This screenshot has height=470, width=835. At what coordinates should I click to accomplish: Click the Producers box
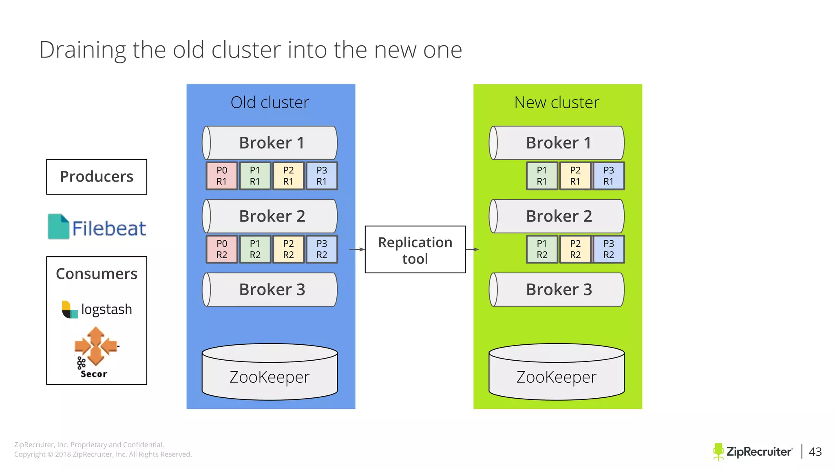pos(97,177)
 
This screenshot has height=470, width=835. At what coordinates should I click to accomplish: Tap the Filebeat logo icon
pos(58,227)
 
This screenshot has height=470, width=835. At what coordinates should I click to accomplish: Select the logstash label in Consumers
pos(106,309)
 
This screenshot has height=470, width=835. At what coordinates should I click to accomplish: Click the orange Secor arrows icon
pos(95,346)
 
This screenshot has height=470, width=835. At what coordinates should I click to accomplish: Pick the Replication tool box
pos(415,250)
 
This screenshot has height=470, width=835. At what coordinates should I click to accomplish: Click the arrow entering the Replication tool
pos(357,249)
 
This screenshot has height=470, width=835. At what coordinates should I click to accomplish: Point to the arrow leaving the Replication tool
pos(472,249)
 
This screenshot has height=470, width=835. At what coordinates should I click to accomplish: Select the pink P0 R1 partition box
pos(221,176)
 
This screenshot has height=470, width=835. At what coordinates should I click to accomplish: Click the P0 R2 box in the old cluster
pos(221,249)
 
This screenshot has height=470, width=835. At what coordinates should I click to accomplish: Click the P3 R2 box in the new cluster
pos(608,249)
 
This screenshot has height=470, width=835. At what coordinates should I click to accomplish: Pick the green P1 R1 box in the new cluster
pos(541,176)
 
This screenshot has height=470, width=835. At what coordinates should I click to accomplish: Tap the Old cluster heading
pos(270,102)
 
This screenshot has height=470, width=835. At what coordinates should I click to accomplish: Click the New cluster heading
pos(557,102)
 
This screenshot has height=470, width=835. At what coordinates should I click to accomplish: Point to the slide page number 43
pos(815,452)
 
